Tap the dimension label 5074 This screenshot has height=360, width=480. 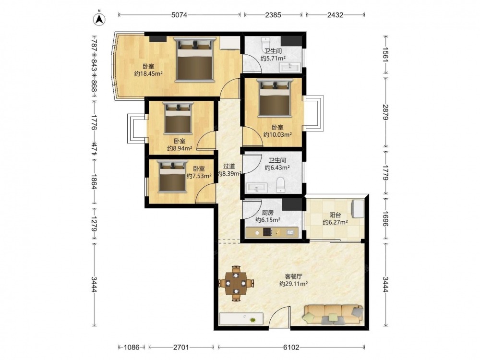pos(179,15)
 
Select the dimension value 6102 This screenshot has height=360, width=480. pos(291,347)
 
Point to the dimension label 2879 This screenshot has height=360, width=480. pos(385,112)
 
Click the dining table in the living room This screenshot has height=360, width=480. pos(236,284)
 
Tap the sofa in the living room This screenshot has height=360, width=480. pos(333,314)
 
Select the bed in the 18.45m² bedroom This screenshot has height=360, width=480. pos(194,60)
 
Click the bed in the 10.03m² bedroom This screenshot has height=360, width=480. pos(275,97)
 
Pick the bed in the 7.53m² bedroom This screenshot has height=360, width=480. pos(172,176)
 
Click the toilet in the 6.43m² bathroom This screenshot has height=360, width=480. pos(280,185)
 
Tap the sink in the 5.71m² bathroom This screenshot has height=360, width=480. pos(290,66)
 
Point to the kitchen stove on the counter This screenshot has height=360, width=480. pos(267,232)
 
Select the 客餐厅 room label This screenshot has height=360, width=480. pos(293,276)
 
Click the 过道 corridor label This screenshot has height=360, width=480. pos(229,166)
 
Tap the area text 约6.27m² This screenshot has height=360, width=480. pos(335,222)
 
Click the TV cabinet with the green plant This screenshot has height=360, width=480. pos(241,318)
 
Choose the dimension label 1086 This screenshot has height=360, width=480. pos(132,347)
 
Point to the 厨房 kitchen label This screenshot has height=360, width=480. pos(268,213)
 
